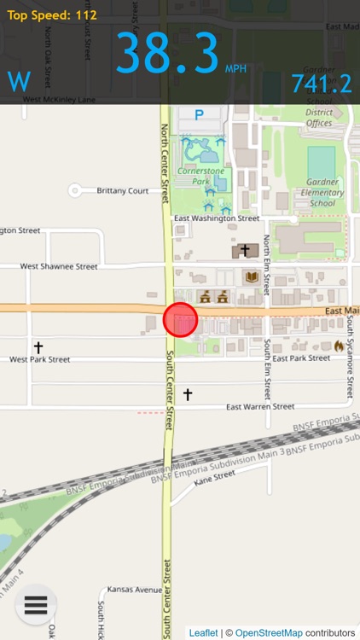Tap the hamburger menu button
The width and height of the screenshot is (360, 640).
coord(35,604)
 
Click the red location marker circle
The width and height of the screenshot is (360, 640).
coord(180,320)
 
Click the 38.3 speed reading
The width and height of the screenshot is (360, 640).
coord(167,54)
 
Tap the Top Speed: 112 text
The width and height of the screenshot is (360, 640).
coord(52,15)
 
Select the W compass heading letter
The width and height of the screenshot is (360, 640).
coord(19,83)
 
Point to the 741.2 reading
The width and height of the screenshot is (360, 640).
coord(322,84)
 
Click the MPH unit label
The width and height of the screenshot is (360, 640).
coord(235,68)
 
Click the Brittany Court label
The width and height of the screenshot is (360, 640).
coord(123,190)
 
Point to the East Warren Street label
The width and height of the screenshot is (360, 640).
coord(260,407)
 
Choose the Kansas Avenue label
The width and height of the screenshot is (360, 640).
coord(135,590)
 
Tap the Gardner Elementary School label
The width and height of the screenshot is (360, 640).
coord(322,193)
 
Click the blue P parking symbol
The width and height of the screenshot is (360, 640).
coord(200,114)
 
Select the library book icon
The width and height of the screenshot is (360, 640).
coord(251,277)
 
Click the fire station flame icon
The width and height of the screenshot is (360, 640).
coord(340,346)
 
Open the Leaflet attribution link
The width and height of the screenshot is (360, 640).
coord(202,632)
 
